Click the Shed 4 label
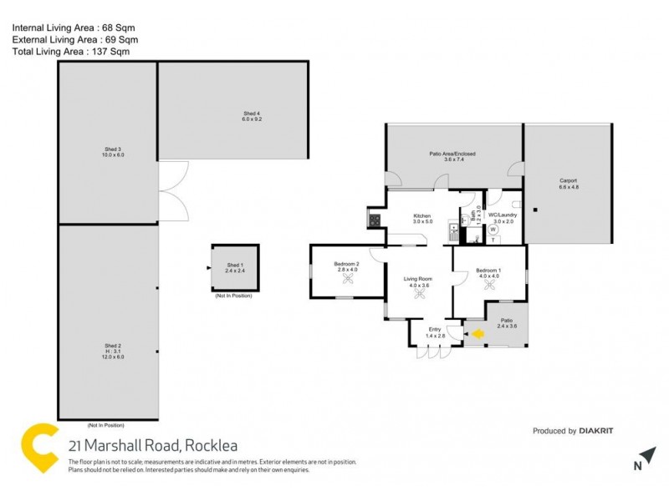point(253,116)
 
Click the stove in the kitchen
point(374,221)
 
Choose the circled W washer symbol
point(493,229)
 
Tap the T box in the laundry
point(493,240)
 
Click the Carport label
point(569,183)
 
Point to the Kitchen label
point(422,219)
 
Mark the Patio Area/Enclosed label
point(453,156)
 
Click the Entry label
point(435,331)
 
